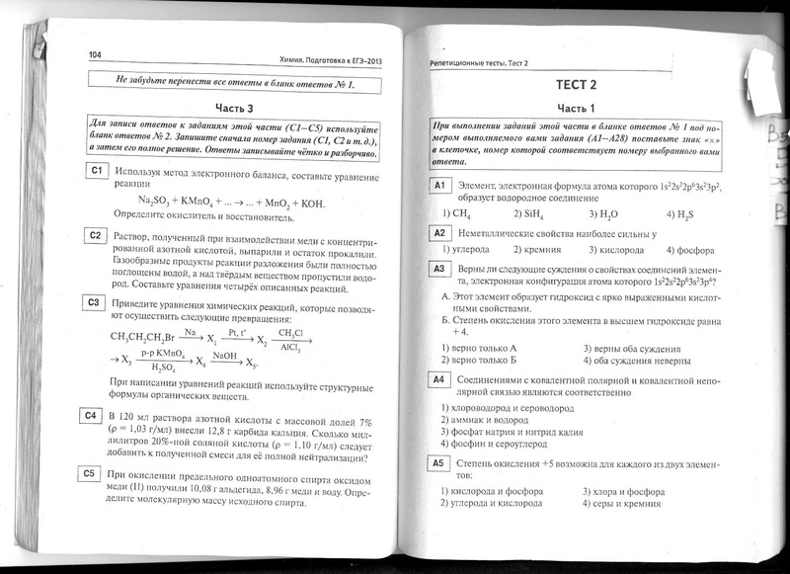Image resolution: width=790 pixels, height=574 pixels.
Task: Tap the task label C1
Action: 95,172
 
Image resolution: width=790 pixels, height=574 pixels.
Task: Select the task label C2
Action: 95,235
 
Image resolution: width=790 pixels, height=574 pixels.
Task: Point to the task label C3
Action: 93,302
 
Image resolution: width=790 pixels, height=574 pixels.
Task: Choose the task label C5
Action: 91,473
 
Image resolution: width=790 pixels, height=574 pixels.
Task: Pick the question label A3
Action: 439,268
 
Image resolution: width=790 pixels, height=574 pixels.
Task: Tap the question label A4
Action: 439,378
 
